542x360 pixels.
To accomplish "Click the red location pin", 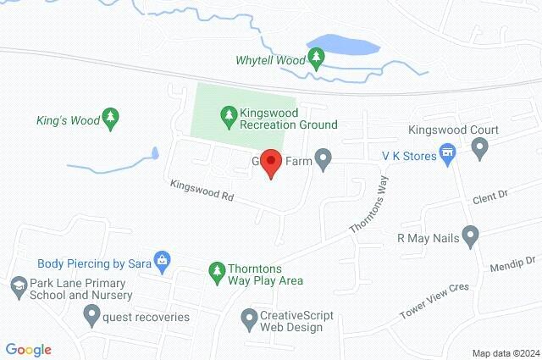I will point(270,161).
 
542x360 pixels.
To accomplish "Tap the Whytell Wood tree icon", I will point(316,59).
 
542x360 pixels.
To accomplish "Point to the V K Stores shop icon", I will point(448,154).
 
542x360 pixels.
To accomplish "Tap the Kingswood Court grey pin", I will point(480,150).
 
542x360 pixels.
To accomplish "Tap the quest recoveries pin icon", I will point(91,316).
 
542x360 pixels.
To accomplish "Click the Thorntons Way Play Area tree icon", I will point(216,272).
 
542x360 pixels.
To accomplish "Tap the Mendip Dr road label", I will point(514,264).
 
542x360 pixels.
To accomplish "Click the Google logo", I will point(29,349).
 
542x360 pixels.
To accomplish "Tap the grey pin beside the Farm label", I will point(323,158).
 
